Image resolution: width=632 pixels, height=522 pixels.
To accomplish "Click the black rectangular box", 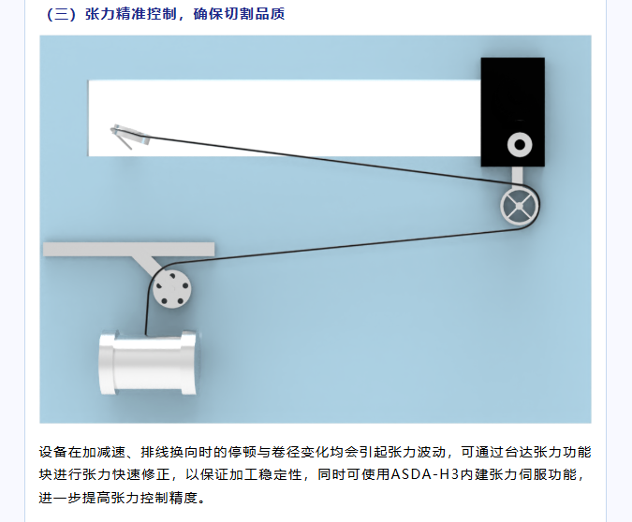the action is click(513, 112).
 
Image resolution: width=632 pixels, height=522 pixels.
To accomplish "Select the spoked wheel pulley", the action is click(519, 206).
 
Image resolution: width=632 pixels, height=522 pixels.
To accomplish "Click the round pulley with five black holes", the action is click(172, 288).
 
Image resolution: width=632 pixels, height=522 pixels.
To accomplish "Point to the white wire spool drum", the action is click(148, 362).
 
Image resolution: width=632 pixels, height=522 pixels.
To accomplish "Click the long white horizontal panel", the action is click(285, 118).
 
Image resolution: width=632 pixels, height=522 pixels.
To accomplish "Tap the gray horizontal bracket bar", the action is click(128, 250).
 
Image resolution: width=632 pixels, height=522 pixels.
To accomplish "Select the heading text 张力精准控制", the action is click(131, 14).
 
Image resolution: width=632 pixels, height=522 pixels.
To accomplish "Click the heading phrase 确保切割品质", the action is click(239, 14).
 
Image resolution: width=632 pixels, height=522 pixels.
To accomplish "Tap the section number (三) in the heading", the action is click(61, 14).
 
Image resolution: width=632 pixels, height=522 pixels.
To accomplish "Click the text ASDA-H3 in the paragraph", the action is click(425, 474).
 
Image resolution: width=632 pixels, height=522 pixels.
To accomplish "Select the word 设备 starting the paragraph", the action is click(53, 452).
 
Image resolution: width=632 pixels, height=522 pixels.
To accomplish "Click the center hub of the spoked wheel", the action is click(519, 206).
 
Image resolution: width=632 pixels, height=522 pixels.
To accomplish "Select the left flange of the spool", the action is click(108, 363).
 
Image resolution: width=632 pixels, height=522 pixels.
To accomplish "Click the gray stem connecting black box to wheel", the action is click(517, 177).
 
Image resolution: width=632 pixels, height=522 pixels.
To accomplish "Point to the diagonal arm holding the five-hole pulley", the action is click(146, 266).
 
